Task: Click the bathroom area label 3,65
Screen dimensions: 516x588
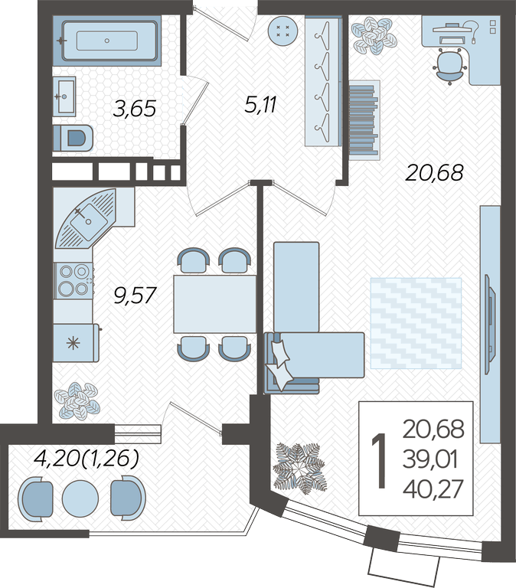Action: (x=134, y=109)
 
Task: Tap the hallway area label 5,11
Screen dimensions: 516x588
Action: (x=260, y=105)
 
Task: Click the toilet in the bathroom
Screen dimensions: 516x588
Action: (x=73, y=138)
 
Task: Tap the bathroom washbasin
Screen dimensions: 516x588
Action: (x=64, y=96)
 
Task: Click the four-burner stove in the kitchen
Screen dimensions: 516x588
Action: (x=73, y=280)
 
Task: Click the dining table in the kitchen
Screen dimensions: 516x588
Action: (x=215, y=304)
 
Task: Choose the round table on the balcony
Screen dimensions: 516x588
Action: (x=80, y=498)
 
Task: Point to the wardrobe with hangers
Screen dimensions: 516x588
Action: (x=323, y=80)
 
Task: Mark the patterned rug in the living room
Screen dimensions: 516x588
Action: (x=416, y=323)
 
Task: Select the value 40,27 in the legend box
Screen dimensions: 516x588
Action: (x=433, y=489)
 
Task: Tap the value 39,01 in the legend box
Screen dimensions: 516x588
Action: (x=430, y=459)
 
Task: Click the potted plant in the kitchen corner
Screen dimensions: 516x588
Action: (x=77, y=400)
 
